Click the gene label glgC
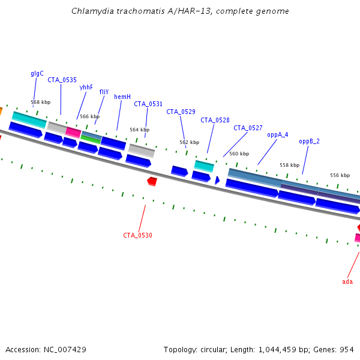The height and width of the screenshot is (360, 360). [x=37, y=74]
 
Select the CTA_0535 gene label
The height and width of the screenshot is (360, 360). [x=62, y=80]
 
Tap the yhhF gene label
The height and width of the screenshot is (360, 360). [x=86, y=87]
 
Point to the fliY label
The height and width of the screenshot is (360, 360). [x=104, y=92]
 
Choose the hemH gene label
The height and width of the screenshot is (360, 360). [x=122, y=97]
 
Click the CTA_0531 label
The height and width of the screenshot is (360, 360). [x=148, y=104]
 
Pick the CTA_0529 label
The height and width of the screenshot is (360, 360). [x=181, y=112]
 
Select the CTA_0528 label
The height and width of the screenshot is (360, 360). [x=215, y=120]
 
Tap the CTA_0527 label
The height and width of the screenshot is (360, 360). [x=248, y=128]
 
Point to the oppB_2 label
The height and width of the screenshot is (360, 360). [x=309, y=141]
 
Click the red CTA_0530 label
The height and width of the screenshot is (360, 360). [x=137, y=235]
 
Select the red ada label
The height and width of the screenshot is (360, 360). [x=347, y=281]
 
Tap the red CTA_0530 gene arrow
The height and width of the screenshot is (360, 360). [x=152, y=181]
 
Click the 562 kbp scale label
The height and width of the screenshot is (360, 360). [x=189, y=142]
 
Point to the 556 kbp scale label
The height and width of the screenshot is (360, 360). [x=340, y=175]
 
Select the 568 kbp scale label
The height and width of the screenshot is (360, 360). [x=41, y=102]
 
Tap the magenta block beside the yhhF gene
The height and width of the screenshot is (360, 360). [x=73, y=132]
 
